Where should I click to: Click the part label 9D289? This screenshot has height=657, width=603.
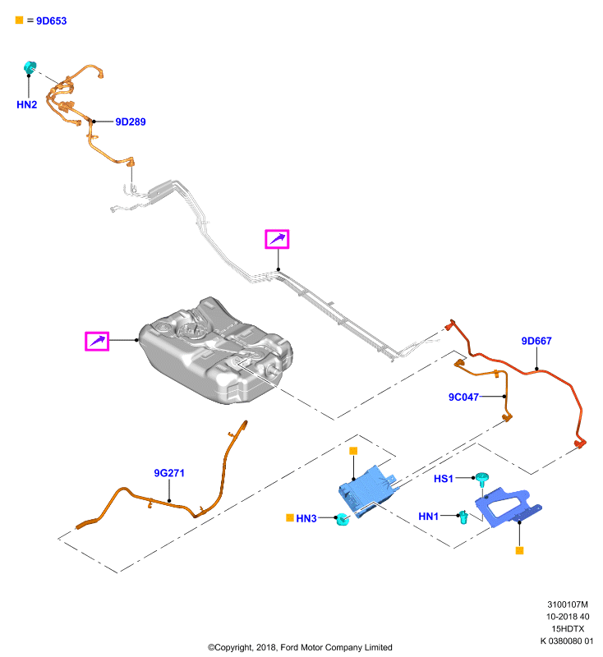131,122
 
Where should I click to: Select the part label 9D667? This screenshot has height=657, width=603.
536,341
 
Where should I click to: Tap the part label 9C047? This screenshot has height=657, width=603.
463,397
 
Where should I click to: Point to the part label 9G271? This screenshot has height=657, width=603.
169,473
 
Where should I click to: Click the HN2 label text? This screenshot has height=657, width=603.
27,105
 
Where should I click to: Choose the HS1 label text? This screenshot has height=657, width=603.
444,479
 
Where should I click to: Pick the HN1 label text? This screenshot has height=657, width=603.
428,517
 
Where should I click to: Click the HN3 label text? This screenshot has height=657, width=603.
306,519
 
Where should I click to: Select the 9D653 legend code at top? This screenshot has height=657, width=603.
51,21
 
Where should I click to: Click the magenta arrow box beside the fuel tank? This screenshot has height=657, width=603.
97,341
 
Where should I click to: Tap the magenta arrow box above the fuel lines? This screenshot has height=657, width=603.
277,239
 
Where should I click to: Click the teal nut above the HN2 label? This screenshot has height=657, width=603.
30,67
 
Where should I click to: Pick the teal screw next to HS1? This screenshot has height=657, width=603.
482,480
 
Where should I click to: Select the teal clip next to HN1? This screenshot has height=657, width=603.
463,517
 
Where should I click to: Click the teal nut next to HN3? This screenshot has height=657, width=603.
343,520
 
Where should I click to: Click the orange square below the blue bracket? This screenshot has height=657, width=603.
519,550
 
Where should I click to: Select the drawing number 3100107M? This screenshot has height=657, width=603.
568,604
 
